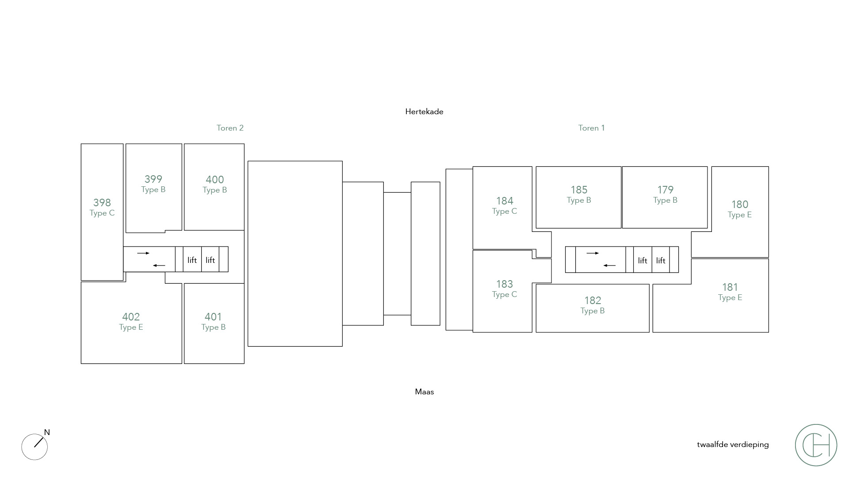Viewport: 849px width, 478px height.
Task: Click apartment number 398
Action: point(102,203)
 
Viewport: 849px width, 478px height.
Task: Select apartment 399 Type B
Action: point(153,184)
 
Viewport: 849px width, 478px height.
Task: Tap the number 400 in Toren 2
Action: point(214,180)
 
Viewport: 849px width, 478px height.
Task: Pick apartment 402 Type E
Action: point(131,321)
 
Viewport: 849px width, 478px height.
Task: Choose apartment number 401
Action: point(213,317)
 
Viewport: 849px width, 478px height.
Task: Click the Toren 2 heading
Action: point(230,128)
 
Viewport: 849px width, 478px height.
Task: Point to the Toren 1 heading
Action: point(591,128)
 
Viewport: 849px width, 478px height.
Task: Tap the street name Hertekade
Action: point(424,112)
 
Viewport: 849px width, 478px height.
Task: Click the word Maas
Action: point(424,392)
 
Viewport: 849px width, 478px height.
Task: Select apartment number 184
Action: point(505,201)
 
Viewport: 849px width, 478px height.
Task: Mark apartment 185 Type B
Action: point(579,194)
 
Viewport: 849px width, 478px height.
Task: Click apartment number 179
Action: point(665,190)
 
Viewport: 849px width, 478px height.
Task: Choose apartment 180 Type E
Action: point(739,209)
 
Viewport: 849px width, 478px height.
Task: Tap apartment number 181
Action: point(730,287)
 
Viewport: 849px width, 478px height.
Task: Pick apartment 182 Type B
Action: point(593,305)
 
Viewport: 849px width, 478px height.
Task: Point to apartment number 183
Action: point(505,284)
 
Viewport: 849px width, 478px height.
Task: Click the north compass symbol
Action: point(35,446)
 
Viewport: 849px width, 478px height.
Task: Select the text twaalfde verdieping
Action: point(733,444)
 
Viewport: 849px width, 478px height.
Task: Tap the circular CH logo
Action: point(816,445)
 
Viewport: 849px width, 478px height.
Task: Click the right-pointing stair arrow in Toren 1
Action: point(593,253)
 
